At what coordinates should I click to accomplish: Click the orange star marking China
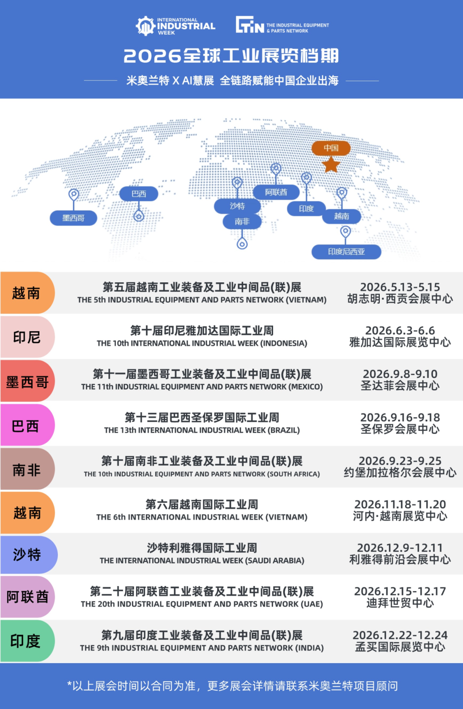(331, 165)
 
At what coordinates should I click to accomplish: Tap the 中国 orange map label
(331, 148)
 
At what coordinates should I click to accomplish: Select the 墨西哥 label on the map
(73, 218)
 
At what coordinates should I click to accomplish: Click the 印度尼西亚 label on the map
(346, 252)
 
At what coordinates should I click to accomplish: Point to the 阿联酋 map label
(276, 192)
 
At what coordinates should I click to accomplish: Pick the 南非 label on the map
(242, 221)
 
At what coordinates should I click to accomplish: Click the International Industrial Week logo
(175, 26)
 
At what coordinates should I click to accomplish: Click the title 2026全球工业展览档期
(231, 56)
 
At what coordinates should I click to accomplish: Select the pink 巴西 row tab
(26, 426)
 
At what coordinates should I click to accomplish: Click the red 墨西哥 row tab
(27, 382)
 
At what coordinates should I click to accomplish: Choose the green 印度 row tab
(26, 641)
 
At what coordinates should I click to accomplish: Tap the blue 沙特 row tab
(27, 554)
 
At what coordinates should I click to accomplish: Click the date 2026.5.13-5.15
(400, 287)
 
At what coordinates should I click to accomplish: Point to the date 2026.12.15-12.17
(400, 591)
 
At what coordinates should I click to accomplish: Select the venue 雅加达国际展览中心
(400, 342)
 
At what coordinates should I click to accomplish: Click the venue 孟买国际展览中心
(400, 647)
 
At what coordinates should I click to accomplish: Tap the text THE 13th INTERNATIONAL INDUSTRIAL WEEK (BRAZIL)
(202, 430)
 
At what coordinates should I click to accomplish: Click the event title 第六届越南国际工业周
(202, 505)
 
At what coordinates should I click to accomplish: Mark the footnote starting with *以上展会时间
(232, 686)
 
